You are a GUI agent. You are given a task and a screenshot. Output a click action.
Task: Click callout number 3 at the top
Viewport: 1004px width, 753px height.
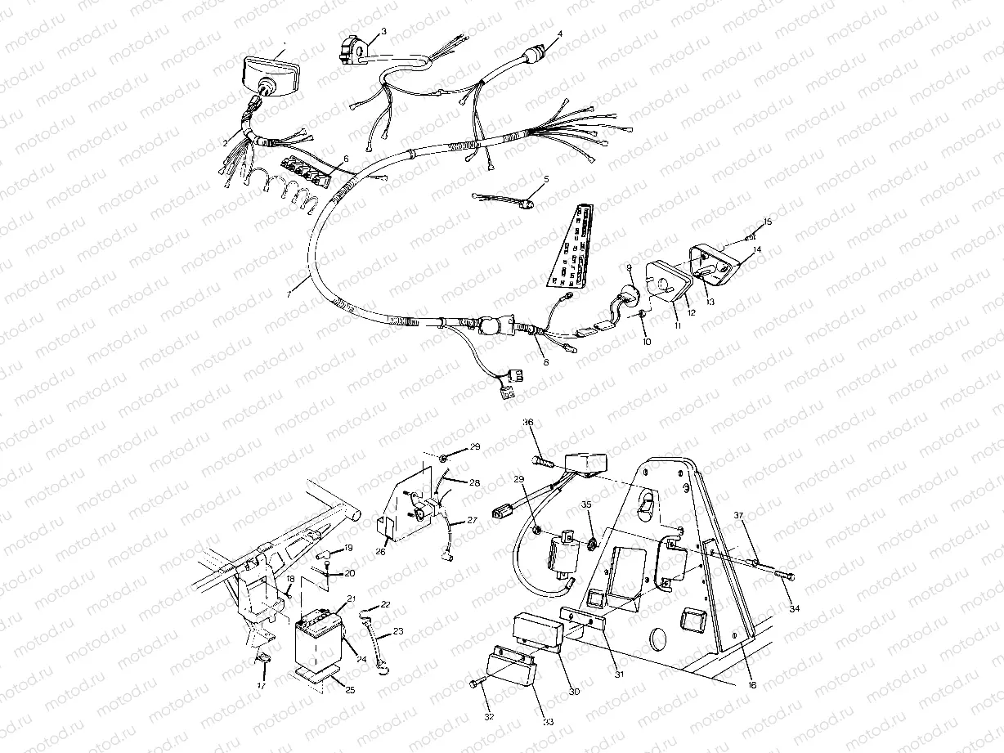coord(383,31)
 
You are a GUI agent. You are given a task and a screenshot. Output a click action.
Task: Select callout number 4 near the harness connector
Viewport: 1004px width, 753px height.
coord(559,34)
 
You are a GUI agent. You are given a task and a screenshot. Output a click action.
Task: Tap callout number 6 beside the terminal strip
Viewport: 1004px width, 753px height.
coord(345,159)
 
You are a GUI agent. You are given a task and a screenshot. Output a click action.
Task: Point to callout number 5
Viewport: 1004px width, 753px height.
coord(546,178)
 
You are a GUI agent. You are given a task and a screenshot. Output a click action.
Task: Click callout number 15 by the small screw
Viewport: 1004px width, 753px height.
coord(767,222)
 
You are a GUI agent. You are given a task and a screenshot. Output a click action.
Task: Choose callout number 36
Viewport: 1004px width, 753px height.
coord(528,423)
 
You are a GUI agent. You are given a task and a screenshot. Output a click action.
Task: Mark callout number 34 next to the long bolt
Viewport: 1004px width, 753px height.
coord(793,610)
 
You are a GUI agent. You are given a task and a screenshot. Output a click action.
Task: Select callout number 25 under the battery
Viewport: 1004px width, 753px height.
coord(350,690)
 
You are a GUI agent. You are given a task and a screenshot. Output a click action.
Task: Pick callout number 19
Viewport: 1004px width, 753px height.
coord(348,548)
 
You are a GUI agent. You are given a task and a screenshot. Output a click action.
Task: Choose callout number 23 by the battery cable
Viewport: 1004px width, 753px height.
coord(398,630)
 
